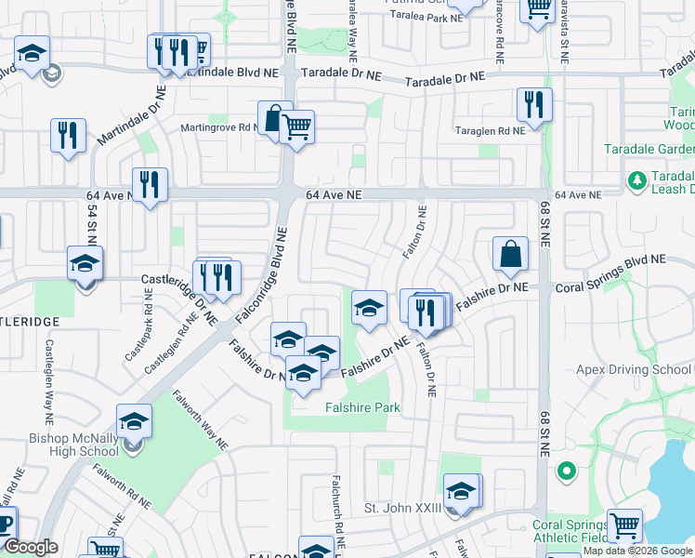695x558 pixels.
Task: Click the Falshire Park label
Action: point(361,408)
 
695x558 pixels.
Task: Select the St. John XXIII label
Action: point(400,509)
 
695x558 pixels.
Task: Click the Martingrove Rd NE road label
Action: point(221,127)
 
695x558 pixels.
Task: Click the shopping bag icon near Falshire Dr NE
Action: point(510,255)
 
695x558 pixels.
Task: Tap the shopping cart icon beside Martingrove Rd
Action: point(296,127)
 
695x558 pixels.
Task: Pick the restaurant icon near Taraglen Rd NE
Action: point(534,105)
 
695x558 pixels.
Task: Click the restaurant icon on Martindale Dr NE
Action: point(68,136)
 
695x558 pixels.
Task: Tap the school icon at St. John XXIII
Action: point(461,490)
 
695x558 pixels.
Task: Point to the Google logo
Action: point(31,547)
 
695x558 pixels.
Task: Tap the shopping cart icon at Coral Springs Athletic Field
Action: point(624,526)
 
